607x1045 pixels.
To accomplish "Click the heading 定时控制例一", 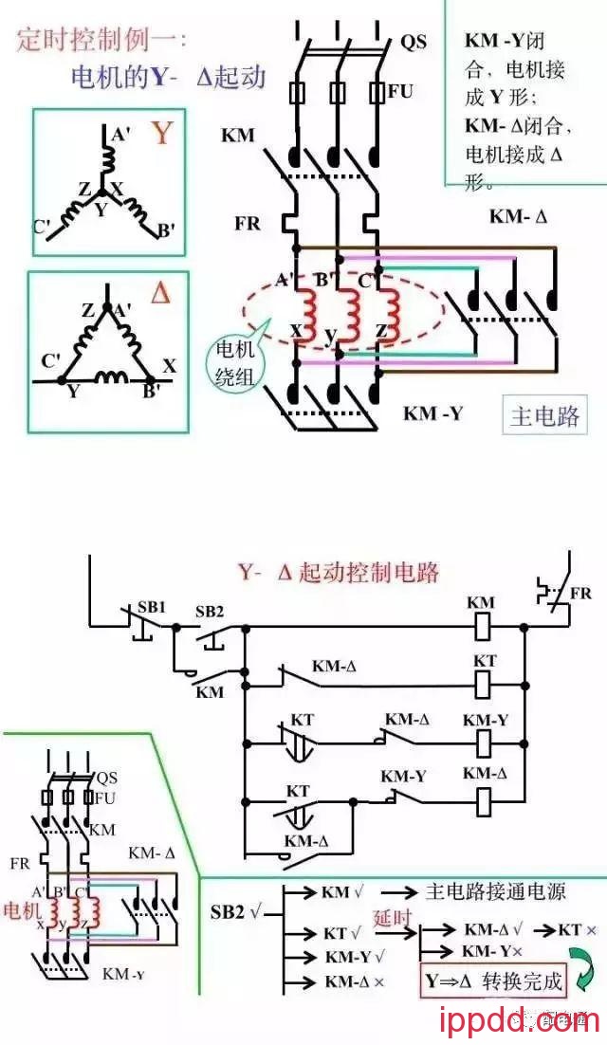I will pyautogui.click(x=102, y=41).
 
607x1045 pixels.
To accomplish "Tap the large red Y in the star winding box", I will pyautogui.click(x=162, y=134).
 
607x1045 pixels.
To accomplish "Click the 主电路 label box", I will pyautogui.click(x=543, y=416).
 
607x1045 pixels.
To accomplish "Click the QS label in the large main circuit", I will pyautogui.click(x=414, y=42).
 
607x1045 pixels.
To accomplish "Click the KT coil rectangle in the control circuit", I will pyautogui.click(x=484, y=680).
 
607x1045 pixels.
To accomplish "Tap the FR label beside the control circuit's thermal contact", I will pyautogui.click(x=580, y=594).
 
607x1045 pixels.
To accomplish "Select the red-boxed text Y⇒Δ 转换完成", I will pyautogui.click(x=493, y=981).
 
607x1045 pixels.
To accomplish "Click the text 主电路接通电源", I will pyautogui.click(x=495, y=891).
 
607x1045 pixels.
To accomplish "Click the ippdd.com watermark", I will pyautogui.click(x=520, y=1022).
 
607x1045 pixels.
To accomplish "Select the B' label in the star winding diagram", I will pyautogui.click(x=163, y=230).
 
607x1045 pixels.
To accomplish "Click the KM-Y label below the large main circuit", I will pyautogui.click(x=433, y=413).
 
